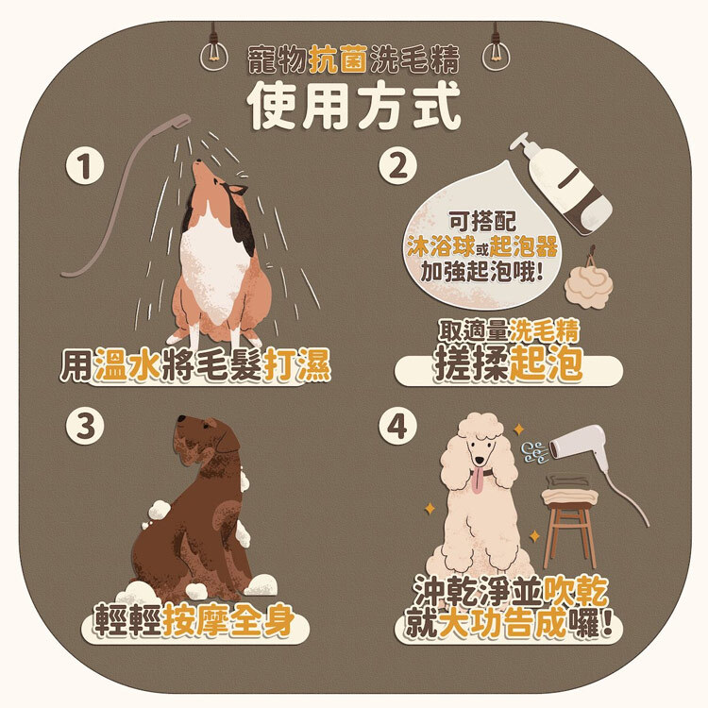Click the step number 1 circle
click(85, 166)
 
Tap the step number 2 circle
click(397, 166)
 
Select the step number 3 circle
click(85, 426)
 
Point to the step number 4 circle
click(397, 426)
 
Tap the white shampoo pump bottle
click(563, 184)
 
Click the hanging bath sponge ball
click(588, 281)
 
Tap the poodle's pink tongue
click(477, 483)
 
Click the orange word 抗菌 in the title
click(338, 59)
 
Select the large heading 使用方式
click(355, 106)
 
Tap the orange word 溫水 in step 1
click(127, 364)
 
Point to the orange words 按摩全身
click(229, 620)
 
